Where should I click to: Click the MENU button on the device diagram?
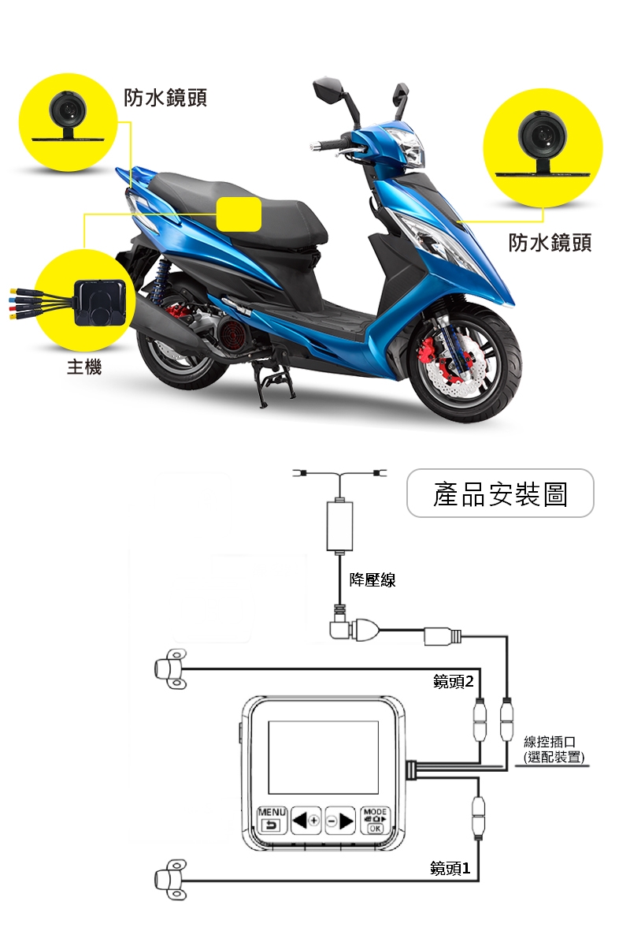pos(272,820)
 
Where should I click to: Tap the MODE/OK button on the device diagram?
pos(374,820)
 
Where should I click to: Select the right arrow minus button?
pos(339,821)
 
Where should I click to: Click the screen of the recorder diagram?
pos(323,758)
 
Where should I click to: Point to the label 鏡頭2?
pos(453,681)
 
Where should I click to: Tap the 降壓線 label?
pos(372,580)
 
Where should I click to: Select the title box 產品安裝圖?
pos(500,493)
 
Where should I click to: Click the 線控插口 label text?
pos(550,741)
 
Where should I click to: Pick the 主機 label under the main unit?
pos(84,366)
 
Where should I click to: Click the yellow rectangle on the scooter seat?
pos(239,214)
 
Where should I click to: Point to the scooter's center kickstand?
pos(276,385)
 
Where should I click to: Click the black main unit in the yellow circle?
pos(100,303)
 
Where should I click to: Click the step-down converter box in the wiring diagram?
pos(339,527)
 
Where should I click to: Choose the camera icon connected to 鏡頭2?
pos(171,669)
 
